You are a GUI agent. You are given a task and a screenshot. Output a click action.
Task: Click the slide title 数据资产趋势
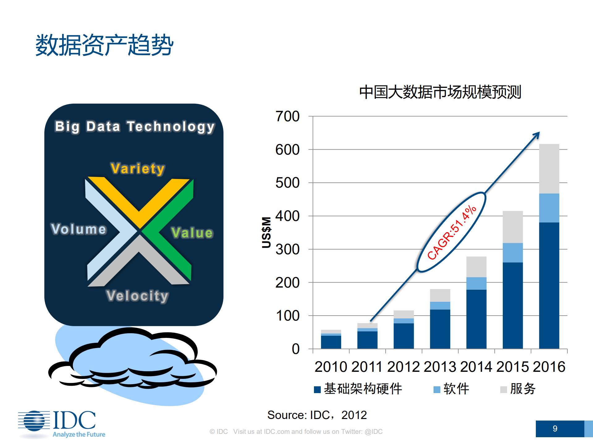[x=104, y=45]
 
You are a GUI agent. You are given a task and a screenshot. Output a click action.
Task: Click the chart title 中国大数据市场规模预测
[x=440, y=92]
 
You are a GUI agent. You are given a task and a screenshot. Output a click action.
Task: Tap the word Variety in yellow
[x=138, y=168]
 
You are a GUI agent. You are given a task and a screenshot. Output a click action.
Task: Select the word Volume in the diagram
[x=79, y=229]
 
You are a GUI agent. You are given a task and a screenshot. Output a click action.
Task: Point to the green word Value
[x=192, y=233]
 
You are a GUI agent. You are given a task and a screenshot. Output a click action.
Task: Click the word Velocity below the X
[x=137, y=296]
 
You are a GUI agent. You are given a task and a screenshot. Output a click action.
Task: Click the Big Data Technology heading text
[x=135, y=127]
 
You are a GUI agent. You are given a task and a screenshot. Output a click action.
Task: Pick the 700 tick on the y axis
[x=287, y=117]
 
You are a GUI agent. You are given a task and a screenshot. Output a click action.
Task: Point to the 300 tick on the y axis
[x=287, y=249]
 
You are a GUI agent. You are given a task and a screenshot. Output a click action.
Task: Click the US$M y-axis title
[x=266, y=232]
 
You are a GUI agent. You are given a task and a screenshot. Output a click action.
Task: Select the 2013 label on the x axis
[x=440, y=367]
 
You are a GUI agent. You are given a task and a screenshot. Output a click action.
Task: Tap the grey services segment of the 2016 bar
[x=549, y=168]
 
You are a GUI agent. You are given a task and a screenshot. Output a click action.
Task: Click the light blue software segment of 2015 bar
[x=512, y=253]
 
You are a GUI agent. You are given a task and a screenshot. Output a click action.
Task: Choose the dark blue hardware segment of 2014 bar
[x=476, y=319]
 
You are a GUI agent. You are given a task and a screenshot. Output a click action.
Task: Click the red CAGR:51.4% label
[x=451, y=232]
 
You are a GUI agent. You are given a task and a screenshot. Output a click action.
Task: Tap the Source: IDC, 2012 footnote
[x=317, y=415]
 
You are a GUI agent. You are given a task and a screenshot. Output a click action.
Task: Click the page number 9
[x=555, y=429]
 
